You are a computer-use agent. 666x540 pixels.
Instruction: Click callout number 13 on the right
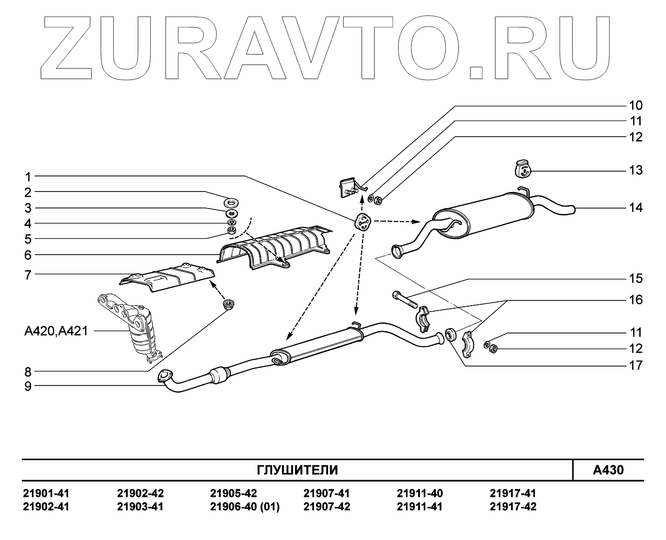(x=635, y=171)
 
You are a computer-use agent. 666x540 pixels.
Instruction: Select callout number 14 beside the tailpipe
(x=635, y=208)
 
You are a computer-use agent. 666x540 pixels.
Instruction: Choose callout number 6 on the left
(x=28, y=255)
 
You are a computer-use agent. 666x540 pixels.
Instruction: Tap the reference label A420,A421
(x=56, y=331)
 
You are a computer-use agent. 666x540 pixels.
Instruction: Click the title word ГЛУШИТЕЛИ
(x=297, y=470)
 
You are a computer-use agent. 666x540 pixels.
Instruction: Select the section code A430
(x=608, y=470)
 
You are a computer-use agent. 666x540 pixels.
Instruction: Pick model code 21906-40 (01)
(x=245, y=507)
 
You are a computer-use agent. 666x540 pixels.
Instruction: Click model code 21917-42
(x=513, y=507)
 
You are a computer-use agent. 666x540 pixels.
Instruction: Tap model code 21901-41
(x=46, y=493)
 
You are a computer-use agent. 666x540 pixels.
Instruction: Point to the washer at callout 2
(x=231, y=201)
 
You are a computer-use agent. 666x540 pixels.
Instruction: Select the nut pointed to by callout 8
(x=227, y=305)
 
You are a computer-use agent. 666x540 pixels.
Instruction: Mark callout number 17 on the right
(x=635, y=366)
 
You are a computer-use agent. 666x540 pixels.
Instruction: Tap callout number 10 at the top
(x=635, y=105)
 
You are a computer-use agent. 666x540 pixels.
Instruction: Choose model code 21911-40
(x=420, y=493)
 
